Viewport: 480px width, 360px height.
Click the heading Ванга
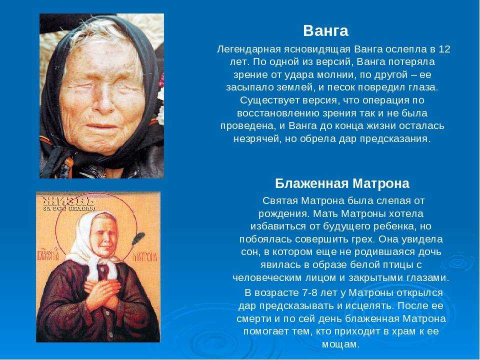point(325,31)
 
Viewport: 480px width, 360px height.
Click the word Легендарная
point(248,49)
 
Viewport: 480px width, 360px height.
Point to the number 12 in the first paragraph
point(444,49)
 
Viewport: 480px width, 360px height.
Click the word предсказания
point(395,139)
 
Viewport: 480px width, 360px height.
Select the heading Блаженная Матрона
point(342,183)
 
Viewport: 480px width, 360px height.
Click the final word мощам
point(340,344)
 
